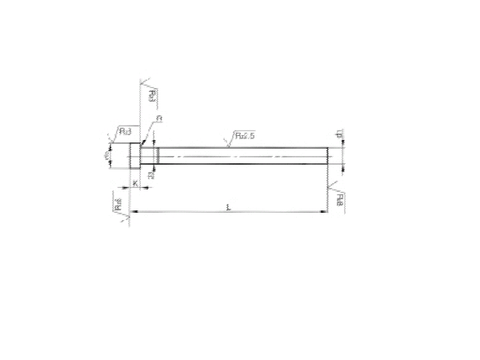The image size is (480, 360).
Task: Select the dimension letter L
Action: pyautogui.click(x=229, y=207)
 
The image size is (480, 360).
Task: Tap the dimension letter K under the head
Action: pyautogui.click(x=135, y=183)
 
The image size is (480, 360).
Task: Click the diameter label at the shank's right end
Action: pyautogui.click(x=339, y=137)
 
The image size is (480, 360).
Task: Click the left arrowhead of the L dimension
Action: pyautogui.click(x=133, y=212)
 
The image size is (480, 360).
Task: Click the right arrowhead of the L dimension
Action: pyautogui.click(x=324, y=212)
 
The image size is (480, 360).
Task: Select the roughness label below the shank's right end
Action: pyautogui.click(x=341, y=198)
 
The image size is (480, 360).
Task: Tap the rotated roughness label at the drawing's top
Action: pyautogui.click(x=153, y=97)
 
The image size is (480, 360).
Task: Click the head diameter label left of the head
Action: pyautogui.click(x=108, y=155)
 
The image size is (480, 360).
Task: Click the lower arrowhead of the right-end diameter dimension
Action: pyautogui.click(x=342, y=166)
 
